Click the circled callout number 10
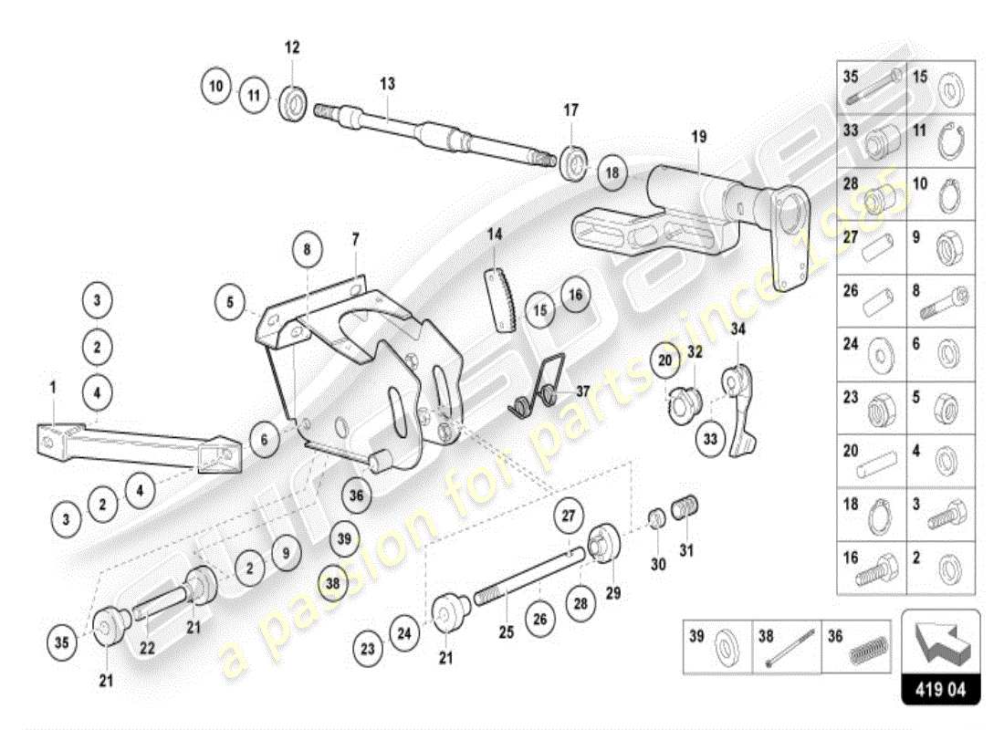pos(216,88)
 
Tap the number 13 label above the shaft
pos(387,83)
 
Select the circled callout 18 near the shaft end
pos(612,172)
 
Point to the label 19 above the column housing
pos(698,138)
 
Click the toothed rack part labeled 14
pos(501,297)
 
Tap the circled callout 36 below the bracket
pos(356,495)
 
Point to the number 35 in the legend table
pos(851,78)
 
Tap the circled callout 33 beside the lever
pos(710,439)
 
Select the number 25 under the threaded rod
pos(507,631)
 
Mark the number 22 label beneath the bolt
pos(147,647)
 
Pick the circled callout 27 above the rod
pos(568,516)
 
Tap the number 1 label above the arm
pos(53,388)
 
